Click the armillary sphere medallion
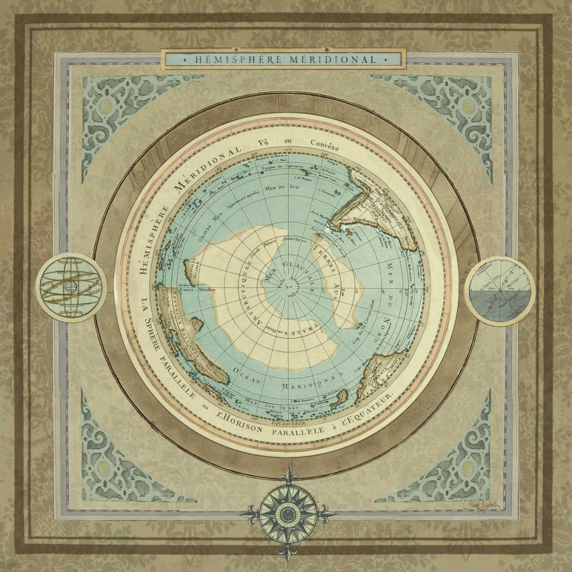72,287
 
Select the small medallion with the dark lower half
499,291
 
